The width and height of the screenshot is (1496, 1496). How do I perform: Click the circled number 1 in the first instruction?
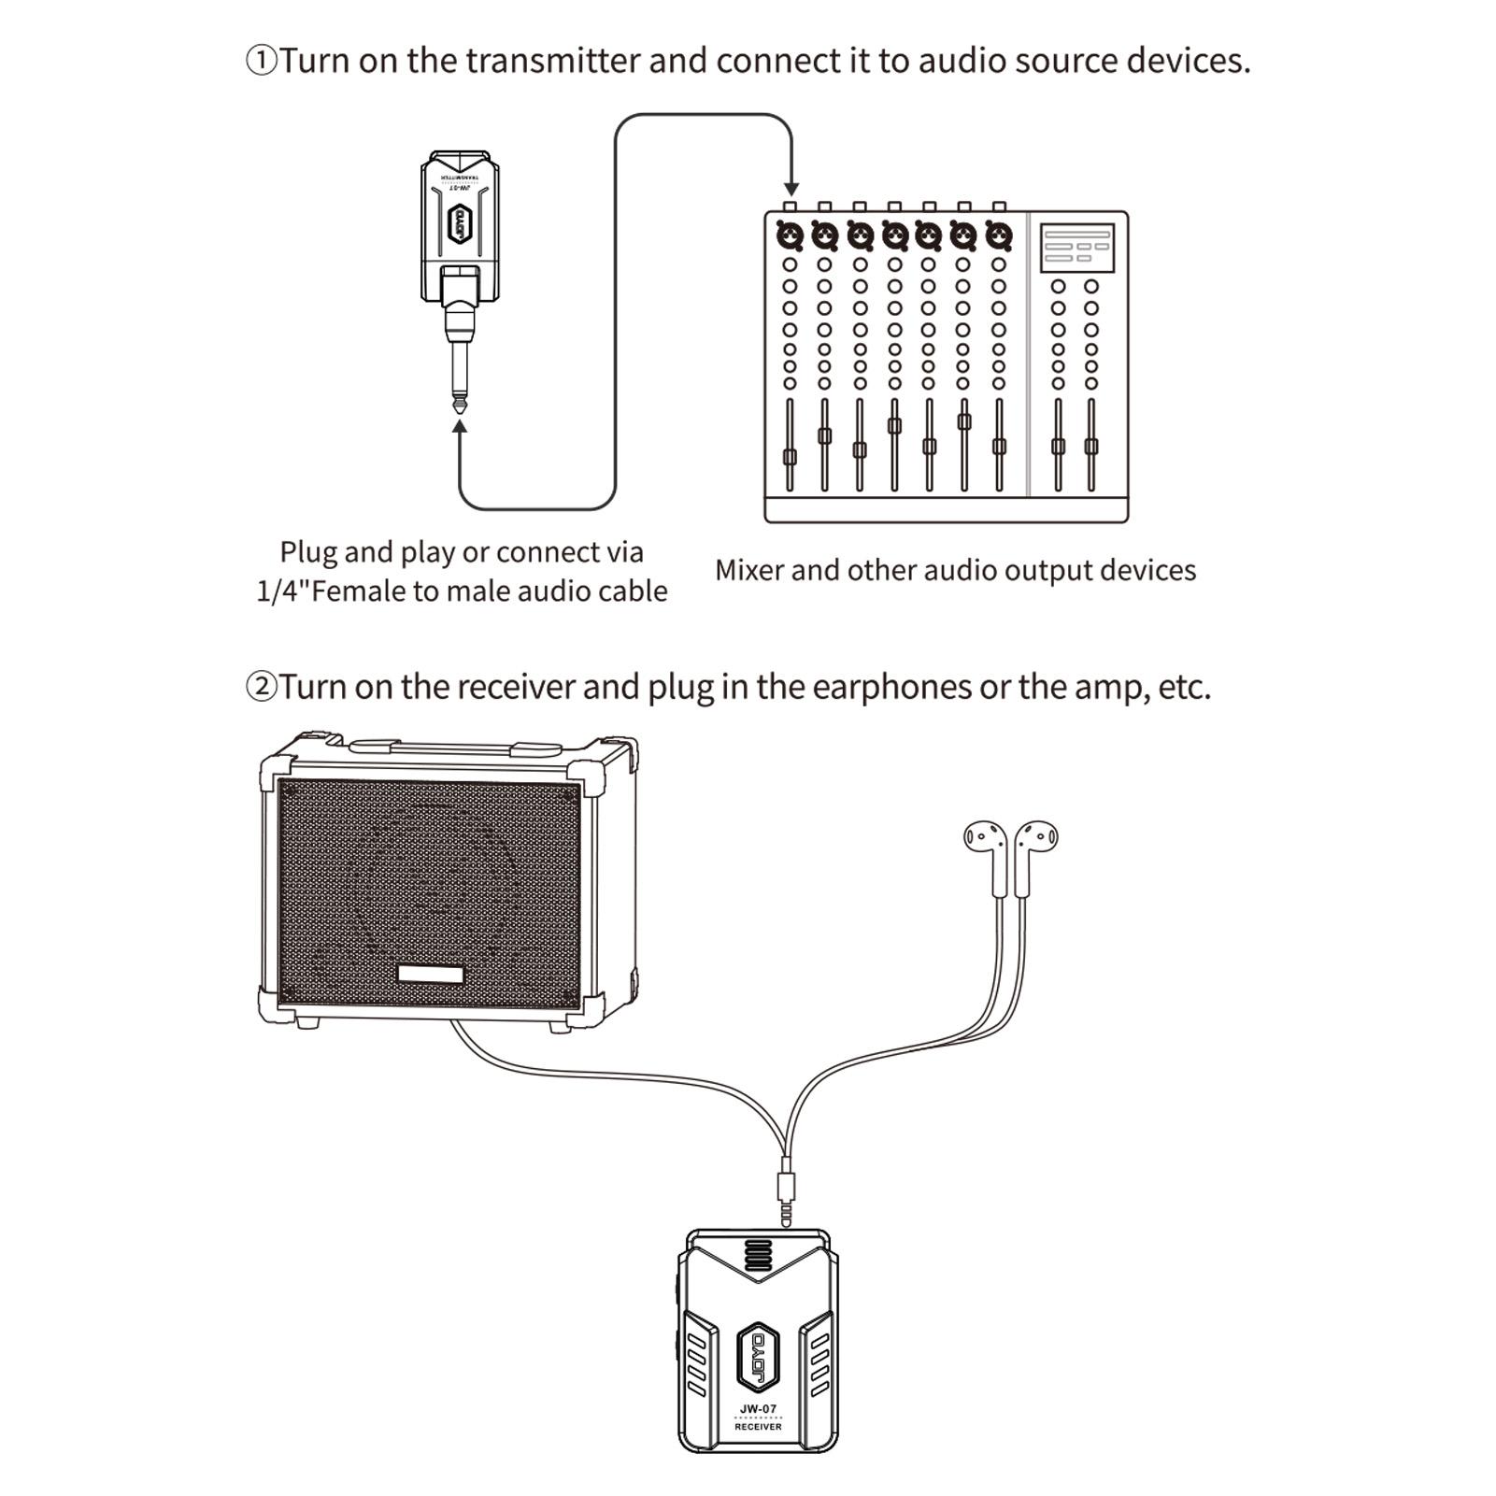[x=262, y=61]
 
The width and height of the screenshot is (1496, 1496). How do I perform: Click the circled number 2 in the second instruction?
[x=262, y=687]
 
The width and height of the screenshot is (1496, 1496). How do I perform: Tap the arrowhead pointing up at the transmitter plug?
[x=460, y=427]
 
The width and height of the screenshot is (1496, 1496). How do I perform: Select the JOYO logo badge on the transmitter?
[x=460, y=223]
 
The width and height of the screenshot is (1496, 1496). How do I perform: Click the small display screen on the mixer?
[x=1077, y=248]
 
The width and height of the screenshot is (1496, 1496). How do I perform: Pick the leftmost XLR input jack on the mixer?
[x=790, y=236]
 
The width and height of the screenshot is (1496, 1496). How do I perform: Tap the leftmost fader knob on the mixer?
[x=790, y=457]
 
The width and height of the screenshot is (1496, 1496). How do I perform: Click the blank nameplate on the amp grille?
[x=431, y=975]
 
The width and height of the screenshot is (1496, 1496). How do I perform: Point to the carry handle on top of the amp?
[x=455, y=748]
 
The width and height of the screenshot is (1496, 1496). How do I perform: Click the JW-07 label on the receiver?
[x=758, y=1409]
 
